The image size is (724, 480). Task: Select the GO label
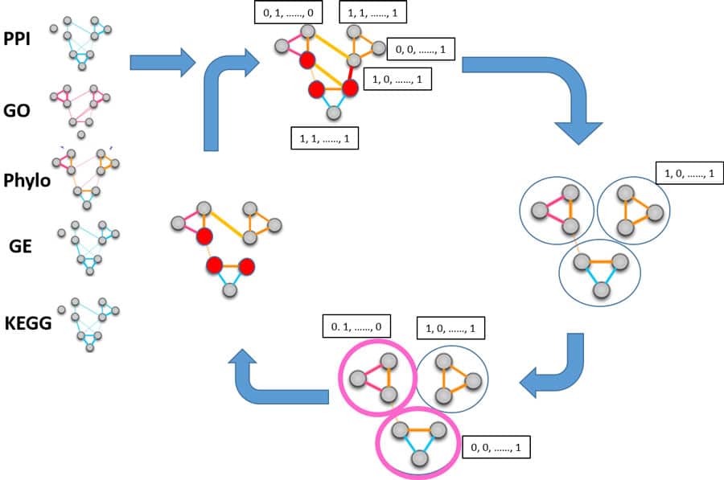18,110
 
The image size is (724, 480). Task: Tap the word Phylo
27,180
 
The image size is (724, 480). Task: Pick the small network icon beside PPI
80,40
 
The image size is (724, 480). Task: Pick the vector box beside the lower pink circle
496,446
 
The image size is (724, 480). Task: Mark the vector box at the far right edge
689,174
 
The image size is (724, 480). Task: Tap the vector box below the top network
324,138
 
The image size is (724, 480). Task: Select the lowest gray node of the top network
333,113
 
